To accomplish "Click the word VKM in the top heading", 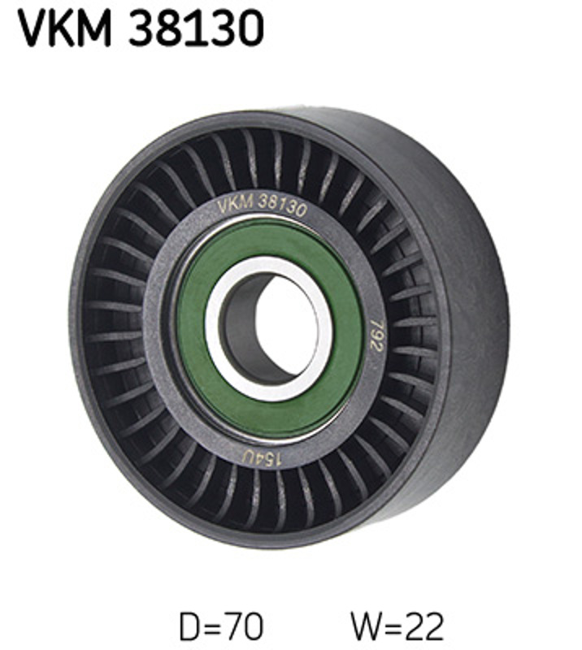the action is [x=65, y=28].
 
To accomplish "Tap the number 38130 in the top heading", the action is [x=196, y=28].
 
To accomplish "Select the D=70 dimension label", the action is [x=221, y=626].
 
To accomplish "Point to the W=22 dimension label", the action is [x=397, y=626].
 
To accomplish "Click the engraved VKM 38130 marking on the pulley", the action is [x=263, y=205].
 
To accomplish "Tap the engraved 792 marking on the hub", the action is [x=376, y=335].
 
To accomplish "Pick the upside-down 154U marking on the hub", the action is [x=263, y=457].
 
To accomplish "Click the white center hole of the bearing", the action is [x=286, y=324].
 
